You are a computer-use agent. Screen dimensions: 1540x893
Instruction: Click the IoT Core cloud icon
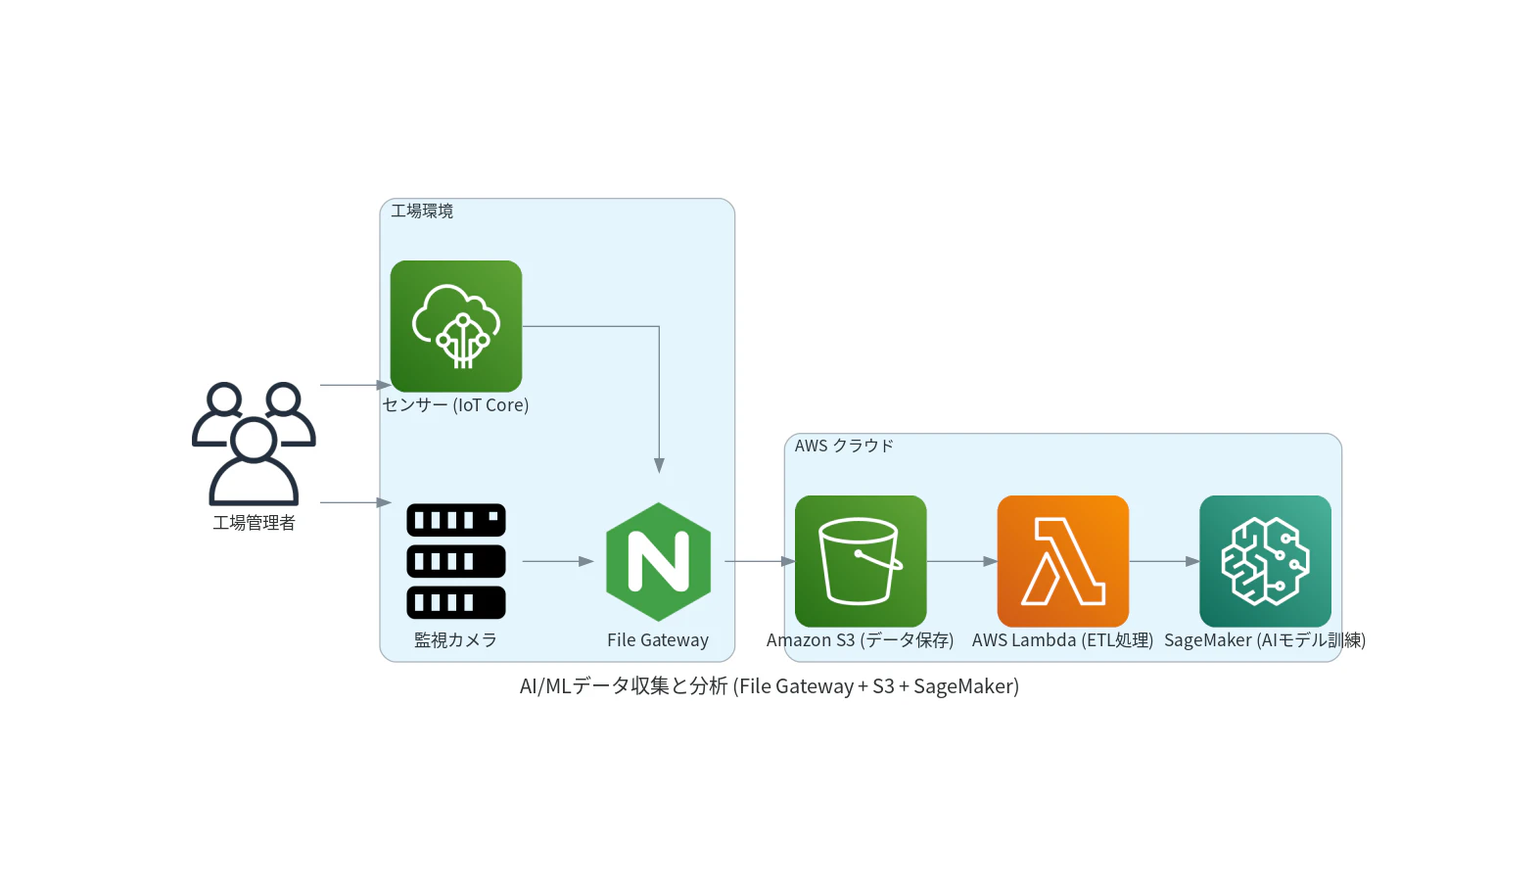pos(456,326)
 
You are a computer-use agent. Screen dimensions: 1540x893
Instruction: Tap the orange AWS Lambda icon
pos(1063,561)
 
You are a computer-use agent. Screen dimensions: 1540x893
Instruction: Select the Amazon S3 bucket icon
pos(861,561)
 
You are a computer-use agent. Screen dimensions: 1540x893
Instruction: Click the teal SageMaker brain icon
pos(1265,561)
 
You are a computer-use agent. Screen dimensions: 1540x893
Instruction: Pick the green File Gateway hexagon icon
pos(659,562)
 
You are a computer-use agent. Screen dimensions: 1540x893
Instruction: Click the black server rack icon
pos(456,561)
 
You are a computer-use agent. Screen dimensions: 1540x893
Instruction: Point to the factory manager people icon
pos(254,444)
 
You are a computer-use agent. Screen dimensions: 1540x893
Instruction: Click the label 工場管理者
pos(254,523)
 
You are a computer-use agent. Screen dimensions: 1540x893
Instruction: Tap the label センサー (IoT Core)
pos(455,405)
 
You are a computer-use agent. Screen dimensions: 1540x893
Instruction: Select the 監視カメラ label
pos(455,640)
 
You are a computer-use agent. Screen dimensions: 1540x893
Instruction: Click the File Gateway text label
pos(658,640)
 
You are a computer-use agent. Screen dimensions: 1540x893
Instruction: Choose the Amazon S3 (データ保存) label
pos(860,640)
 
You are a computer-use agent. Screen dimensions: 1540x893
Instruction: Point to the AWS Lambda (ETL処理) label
pos(1063,640)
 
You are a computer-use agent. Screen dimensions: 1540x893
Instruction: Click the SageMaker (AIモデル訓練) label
pos(1265,640)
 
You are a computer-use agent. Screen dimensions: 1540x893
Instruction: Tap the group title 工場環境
pos(422,211)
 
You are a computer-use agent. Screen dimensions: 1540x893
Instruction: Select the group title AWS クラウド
pos(844,446)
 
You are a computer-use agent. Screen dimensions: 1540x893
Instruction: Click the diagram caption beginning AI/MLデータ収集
pos(770,686)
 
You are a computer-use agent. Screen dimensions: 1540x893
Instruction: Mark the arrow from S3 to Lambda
pos(961,562)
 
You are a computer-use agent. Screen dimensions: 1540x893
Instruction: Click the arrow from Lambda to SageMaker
pos(1164,562)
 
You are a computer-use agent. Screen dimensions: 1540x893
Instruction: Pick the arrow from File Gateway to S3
pos(760,562)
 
